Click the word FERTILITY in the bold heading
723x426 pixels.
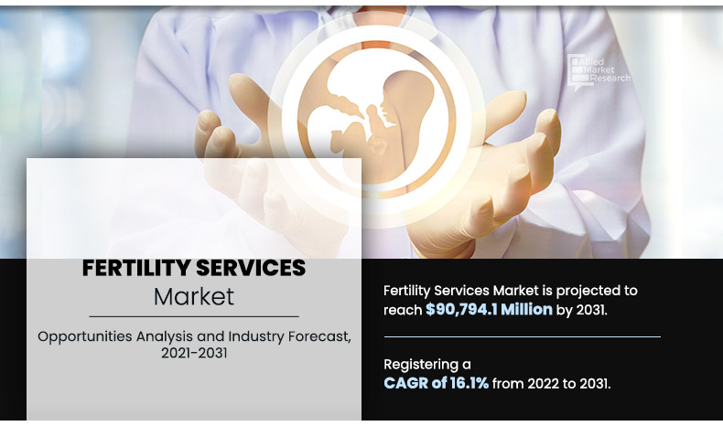tap(135, 269)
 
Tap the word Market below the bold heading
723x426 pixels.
tap(193, 297)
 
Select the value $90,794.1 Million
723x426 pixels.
tap(489, 310)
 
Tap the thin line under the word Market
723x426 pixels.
tap(193, 316)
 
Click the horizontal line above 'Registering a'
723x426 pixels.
tap(522, 337)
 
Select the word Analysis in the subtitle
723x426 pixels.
tap(169, 336)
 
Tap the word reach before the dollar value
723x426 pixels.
tap(403, 310)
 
